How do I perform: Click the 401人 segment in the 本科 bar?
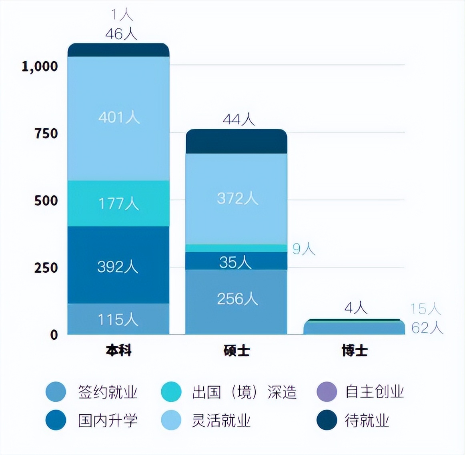(118, 118)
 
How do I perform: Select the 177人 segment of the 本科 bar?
(118, 204)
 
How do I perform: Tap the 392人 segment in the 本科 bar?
(118, 266)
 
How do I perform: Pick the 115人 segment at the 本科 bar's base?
(118, 319)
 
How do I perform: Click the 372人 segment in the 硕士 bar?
(237, 198)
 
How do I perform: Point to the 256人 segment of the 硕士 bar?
(237, 299)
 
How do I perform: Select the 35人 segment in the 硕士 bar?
(237, 262)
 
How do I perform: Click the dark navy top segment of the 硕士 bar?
(237, 142)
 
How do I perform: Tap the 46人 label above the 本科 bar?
(121, 34)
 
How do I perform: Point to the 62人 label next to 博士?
(427, 328)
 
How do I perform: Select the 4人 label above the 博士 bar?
(355, 308)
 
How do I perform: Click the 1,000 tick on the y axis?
(40, 66)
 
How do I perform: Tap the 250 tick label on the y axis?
(46, 267)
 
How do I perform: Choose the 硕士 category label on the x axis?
(237, 351)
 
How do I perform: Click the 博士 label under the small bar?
(355, 351)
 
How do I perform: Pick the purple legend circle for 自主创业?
(327, 392)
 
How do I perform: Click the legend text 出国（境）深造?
(244, 392)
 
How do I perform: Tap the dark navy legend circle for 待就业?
(327, 420)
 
